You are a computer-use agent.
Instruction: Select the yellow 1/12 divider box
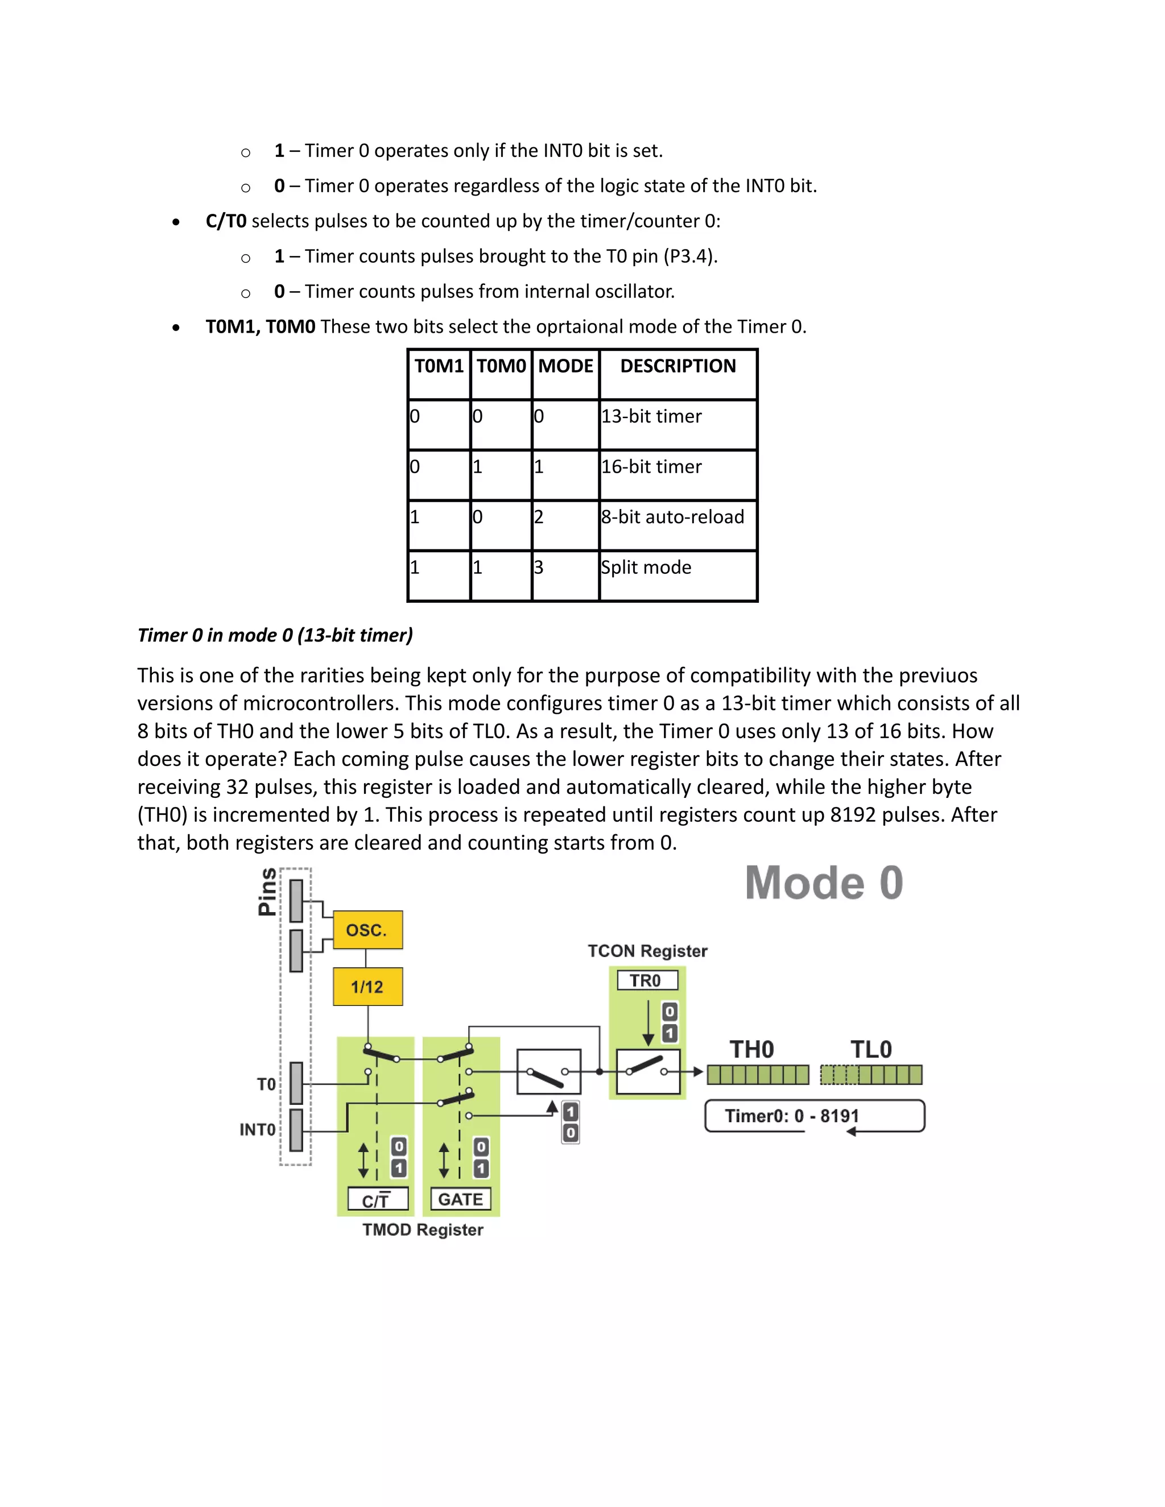367,987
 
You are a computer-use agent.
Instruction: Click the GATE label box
460,1199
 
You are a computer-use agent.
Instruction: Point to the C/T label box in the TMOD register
378,1200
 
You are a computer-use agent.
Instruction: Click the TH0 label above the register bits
751,1050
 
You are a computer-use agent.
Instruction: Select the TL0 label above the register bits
871,1050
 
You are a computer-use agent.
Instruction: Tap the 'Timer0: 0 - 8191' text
792,1116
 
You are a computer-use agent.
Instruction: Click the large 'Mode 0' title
824,883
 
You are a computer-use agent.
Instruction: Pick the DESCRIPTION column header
677,366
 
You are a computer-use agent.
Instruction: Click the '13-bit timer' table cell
651,417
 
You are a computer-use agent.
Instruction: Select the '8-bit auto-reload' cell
673,517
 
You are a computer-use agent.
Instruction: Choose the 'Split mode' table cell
647,568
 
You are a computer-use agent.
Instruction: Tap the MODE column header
565,366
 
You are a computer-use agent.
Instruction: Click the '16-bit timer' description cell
651,467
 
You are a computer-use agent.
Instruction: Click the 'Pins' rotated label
267,892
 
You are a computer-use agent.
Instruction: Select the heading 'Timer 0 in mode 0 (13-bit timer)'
275,635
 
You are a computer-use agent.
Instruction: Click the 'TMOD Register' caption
423,1229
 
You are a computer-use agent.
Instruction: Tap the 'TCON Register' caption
647,951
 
